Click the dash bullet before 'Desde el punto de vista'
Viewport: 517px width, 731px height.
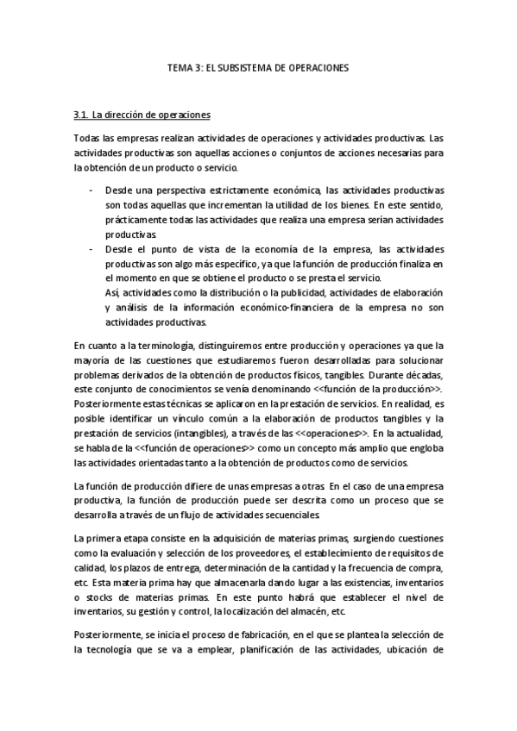pos(91,248)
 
